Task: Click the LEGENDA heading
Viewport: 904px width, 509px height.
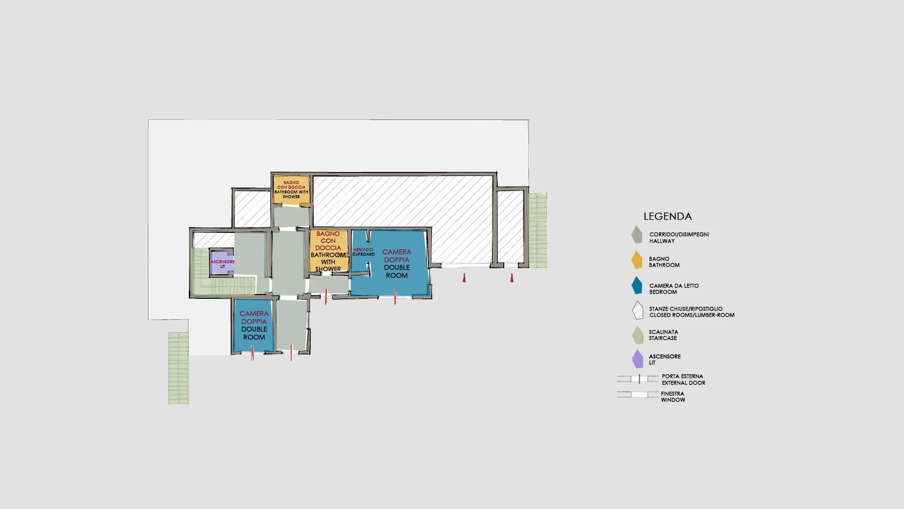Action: tap(668, 216)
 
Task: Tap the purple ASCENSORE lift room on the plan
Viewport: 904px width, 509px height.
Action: tap(222, 262)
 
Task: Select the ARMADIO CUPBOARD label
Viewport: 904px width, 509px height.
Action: tap(363, 252)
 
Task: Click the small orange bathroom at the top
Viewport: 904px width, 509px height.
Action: tap(291, 190)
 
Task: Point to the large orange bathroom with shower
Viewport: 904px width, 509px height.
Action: tap(328, 251)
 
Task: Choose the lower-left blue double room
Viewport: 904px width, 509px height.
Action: tap(254, 326)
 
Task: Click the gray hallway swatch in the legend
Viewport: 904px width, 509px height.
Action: tap(637, 234)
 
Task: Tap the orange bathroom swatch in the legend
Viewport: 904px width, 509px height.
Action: tap(637, 260)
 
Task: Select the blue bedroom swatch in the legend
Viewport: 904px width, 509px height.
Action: tap(637, 285)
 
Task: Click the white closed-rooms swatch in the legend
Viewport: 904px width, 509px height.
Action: tap(638, 310)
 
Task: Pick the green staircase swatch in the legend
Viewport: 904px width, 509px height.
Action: tap(638, 335)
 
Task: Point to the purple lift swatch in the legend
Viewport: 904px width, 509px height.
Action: tap(638, 359)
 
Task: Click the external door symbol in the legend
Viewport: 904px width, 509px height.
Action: tap(638, 378)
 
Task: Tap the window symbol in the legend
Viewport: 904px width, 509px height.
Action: tap(638, 394)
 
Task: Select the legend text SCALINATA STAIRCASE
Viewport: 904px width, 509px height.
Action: tap(663, 335)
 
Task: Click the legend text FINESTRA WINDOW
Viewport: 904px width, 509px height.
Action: tap(673, 397)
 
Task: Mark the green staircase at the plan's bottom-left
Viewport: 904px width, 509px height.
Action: tap(179, 368)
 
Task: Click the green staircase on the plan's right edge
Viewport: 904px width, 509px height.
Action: tap(538, 230)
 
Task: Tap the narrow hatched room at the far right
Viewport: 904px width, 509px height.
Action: tap(510, 226)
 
